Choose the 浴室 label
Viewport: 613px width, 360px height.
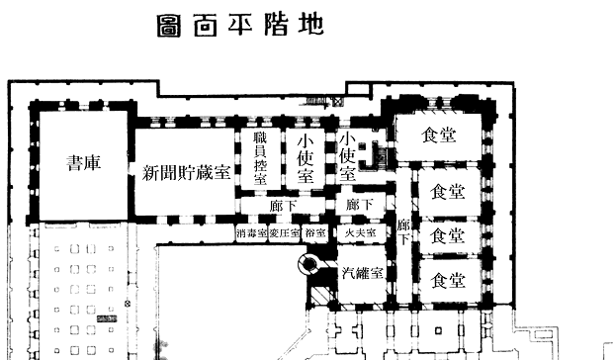click(x=315, y=233)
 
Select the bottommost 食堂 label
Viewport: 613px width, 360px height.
click(x=448, y=281)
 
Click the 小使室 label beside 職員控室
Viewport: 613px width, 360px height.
click(x=306, y=160)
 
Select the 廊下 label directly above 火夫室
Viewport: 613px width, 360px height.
click(x=358, y=205)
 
